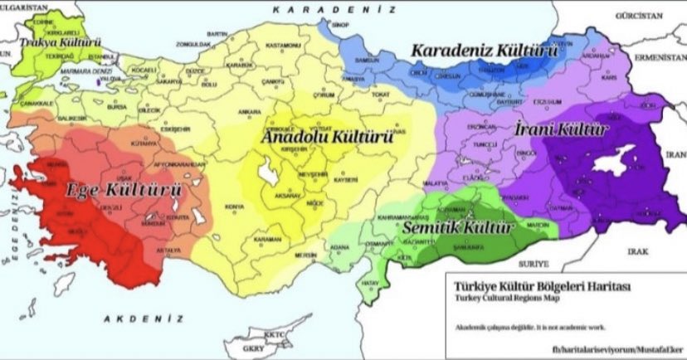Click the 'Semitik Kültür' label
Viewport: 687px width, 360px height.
point(458,226)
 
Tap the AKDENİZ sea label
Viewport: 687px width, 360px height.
point(143,318)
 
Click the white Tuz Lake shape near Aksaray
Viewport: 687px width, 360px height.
point(268,173)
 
